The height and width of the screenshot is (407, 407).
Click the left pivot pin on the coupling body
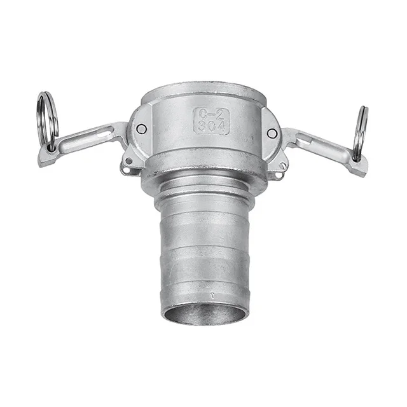click(x=141, y=129)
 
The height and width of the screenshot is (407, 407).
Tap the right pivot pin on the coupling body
click(x=272, y=133)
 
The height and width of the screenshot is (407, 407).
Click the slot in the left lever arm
click(x=95, y=134)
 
